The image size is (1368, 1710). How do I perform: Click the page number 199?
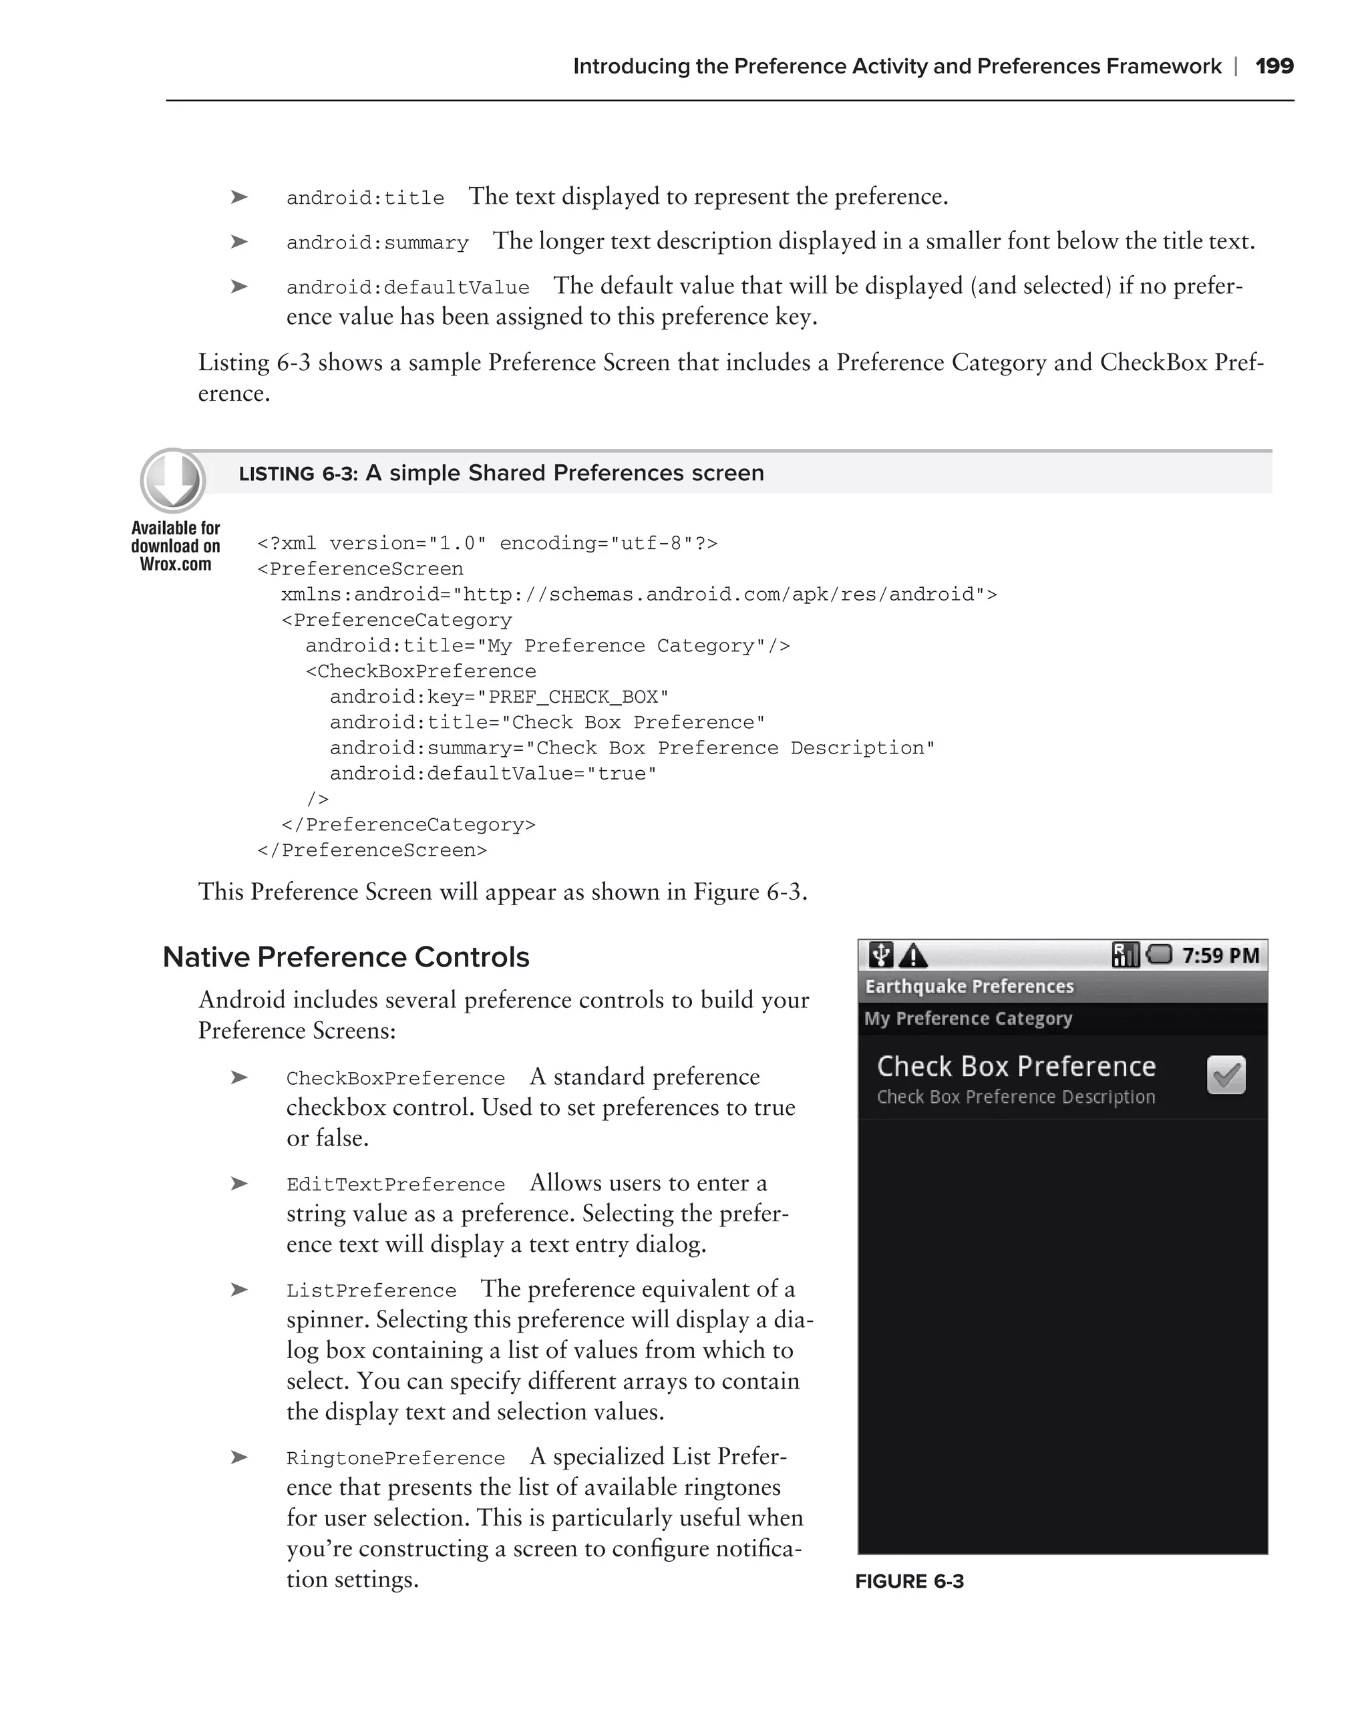click(1274, 66)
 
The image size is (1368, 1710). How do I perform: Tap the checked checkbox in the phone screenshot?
click(1225, 1075)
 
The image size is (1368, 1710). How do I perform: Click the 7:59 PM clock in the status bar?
click(1220, 956)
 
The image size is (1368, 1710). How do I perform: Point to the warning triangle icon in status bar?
click(914, 956)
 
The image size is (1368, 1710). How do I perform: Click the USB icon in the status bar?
click(880, 955)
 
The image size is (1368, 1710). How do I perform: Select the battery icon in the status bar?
click(1159, 954)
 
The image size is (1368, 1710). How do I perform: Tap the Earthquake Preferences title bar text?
click(969, 986)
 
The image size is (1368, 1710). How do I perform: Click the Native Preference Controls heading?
click(346, 957)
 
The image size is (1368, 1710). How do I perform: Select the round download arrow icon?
click(173, 480)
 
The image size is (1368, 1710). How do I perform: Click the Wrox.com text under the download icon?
click(175, 564)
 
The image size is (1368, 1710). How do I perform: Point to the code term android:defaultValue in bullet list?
click(407, 287)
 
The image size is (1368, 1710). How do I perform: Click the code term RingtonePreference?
click(395, 1458)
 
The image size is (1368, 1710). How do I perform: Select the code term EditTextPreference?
click(395, 1184)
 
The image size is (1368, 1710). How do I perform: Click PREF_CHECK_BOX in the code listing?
click(572, 697)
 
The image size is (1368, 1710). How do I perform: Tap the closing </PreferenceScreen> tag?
click(372, 850)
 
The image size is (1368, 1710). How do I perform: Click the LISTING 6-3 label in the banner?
click(298, 474)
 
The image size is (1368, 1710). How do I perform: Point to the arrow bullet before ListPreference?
click(238, 1290)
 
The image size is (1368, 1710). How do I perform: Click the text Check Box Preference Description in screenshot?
click(1015, 1097)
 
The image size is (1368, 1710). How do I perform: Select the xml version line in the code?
click(487, 543)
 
